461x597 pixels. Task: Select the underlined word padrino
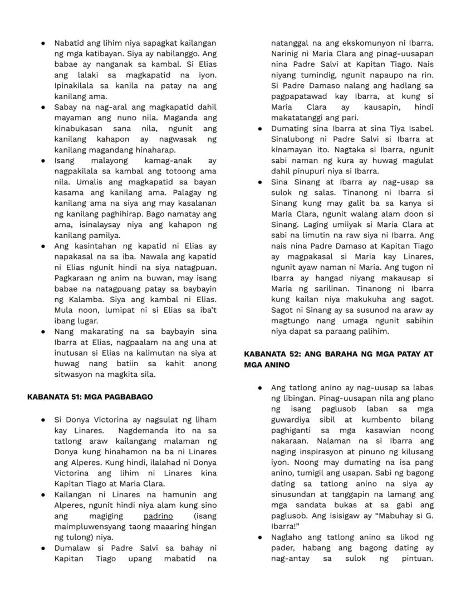point(158,516)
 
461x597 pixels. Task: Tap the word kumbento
point(380,420)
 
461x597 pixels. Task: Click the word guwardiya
point(295,420)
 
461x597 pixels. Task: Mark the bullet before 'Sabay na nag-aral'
point(43,107)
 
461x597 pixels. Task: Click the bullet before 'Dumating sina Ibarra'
point(259,129)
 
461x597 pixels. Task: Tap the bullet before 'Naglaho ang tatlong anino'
point(259,537)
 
